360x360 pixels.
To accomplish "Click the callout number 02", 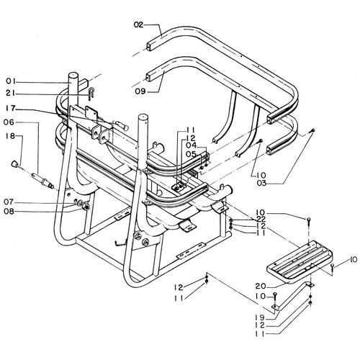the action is click(138, 24).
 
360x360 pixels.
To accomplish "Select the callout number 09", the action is click(140, 91).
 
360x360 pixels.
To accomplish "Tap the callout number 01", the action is click(11, 81).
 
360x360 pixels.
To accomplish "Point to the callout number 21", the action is click(11, 94).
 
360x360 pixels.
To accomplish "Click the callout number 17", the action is click(11, 109).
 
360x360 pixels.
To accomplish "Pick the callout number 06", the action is click(9, 122).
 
